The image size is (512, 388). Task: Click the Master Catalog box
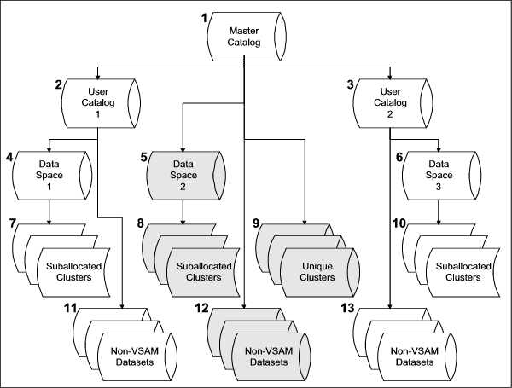tap(244, 32)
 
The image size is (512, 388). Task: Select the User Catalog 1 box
tap(102, 101)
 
